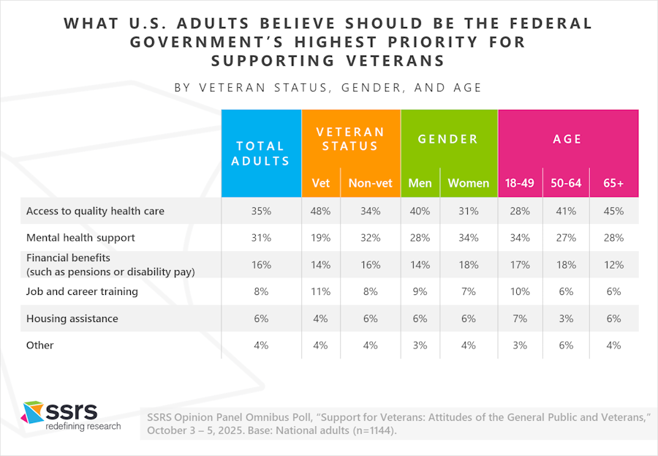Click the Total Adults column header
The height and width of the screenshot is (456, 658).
[x=261, y=154]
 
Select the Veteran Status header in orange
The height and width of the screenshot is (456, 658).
[x=350, y=139]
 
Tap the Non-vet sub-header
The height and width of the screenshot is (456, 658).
[x=370, y=183]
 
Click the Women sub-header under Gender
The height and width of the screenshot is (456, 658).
[x=468, y=183]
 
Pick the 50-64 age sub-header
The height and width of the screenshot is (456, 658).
[x=566, y=183]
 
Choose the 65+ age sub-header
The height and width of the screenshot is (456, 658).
[x=613, y=183]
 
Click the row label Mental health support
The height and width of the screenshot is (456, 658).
[x=80, y=238]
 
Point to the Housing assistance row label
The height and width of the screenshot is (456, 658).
[x=72, y=318]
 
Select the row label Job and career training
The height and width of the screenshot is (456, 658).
[x=82, y=291]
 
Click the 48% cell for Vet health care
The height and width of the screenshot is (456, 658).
[x=320, y=211]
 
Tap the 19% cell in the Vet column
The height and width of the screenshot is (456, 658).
[x=320, y=238]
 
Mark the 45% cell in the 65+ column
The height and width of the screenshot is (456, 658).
[x=613, y=211]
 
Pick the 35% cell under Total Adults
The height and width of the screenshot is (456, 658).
[x=261, y=211]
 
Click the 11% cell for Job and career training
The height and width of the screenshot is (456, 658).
[x=320, y=291]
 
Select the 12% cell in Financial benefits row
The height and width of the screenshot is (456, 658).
[x=613, y=264]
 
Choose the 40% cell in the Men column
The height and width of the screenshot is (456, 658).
[x=420, y=211]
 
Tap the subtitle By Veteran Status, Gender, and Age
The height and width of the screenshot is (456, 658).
[x=328, y=88]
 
